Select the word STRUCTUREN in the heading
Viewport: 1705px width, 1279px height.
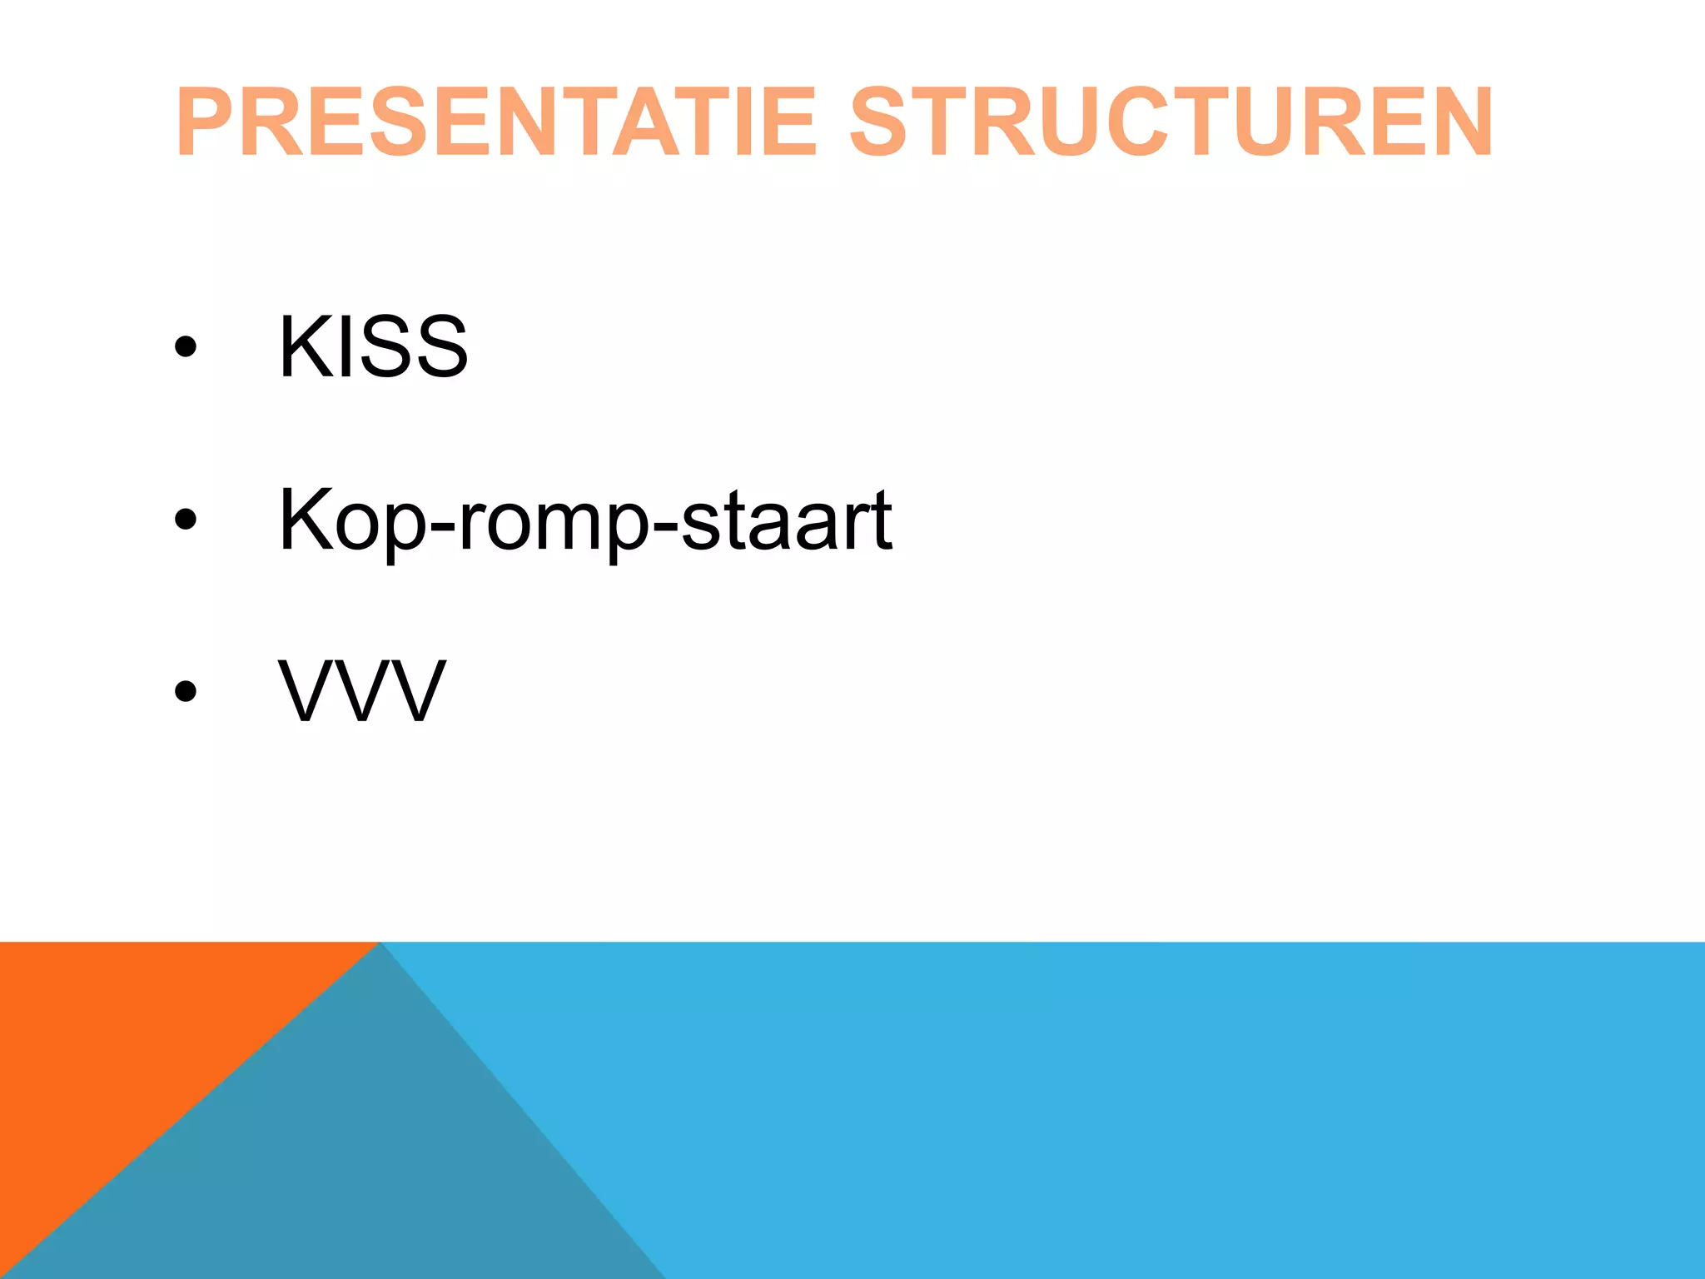[x=1171, y=122]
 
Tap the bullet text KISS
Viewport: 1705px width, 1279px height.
[x=373, y=346]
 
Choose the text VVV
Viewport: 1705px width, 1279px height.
[x=362, y=691]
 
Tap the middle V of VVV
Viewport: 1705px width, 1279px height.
[x=362, y=691]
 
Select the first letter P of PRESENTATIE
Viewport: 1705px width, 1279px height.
[x=203, y=122]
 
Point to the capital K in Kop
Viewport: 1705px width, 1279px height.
[x=305, y=520]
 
